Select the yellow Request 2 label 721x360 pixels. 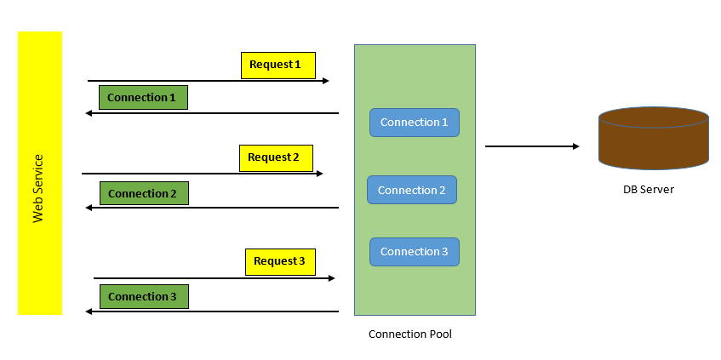click(276, 157)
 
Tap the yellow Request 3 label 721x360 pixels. click(280, 261)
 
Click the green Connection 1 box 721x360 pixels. click(143, 98)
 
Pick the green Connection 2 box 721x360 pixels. click(144, 194)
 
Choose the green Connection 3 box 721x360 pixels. click(144, 297)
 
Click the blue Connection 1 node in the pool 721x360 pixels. click(414, 123)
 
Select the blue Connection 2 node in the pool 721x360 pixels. click(412, 190)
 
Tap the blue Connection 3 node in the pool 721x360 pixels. click(414, 252)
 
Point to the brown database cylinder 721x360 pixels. click(653, 138)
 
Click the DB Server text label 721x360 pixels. click(648, 190)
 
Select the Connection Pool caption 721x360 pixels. click(409, 334)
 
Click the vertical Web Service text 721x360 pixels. click(38, 189)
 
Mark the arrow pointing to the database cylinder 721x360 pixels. click(532, 146)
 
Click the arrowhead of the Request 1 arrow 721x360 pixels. click(325, 81)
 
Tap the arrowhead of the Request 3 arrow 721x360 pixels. click(331, 278)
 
